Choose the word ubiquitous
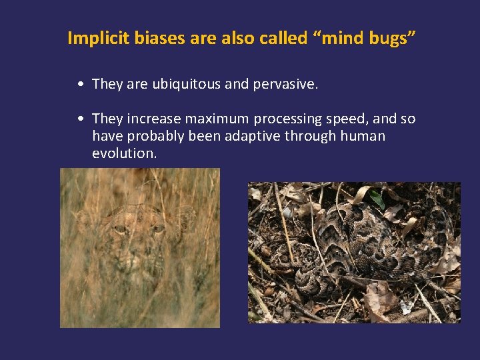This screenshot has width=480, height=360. click(x=188, y=84)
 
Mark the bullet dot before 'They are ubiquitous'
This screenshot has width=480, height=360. click(x=79, y=85)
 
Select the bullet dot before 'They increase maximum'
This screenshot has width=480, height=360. click(x=79, y=119)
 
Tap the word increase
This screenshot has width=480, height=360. click(x=153, y=119)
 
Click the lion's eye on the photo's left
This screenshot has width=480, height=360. click(x=121, y=229)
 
